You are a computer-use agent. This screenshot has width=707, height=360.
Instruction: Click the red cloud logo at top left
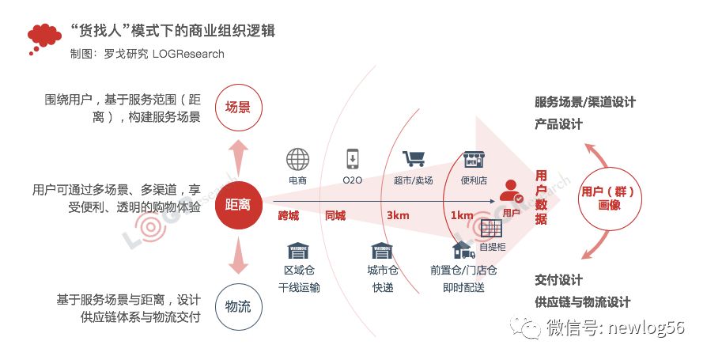pyautogui.click(x=44, y=36)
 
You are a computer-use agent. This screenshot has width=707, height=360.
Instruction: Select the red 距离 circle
pyautogui.click(x=238, y=204)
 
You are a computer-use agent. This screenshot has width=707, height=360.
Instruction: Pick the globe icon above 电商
pyautogui.click(x=298, y=160)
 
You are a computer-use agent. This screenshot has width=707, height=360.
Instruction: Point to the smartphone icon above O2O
pyautogui.click(x=353, y=159)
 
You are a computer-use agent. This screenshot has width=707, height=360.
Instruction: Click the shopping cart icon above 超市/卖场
pyautogui.click(x=414, y=159)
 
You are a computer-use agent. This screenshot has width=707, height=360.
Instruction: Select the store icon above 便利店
pyautogui.click(x=474, y=159)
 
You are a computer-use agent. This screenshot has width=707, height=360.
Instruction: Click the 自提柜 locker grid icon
pyautogui.click(x=492, y=229)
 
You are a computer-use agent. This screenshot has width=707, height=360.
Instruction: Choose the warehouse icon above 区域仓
pyautogui.click(x=298, y=251)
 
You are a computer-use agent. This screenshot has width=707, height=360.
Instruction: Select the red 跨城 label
pyautogui.click(x=289, y=216)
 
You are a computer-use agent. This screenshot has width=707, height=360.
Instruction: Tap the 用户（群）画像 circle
pyautogui.click(x=610, y=197)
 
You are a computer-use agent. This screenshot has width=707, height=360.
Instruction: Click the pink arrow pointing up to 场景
pyautogui.click(x=238, y=156)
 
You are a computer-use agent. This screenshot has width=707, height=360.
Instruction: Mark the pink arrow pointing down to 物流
pyautogui.click(x=238, y=256)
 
